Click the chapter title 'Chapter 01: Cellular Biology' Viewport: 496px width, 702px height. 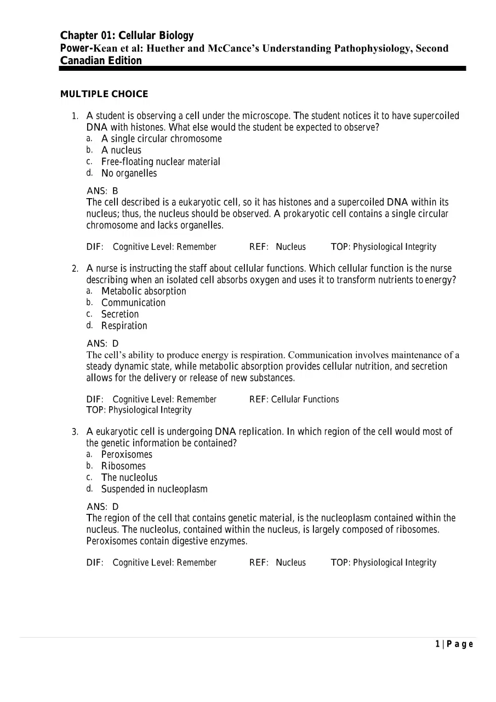click(x=127, y=36)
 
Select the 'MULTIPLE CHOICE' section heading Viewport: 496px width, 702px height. click(x=104, y=94)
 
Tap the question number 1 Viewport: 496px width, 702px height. click(x=75, y=116)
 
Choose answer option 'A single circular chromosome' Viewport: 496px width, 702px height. click(x=161, y=139)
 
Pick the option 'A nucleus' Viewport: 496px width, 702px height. click(x=121, y=150)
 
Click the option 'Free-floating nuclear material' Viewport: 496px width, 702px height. click(x=161, y=162)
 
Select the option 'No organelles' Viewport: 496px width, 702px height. click(x=129, y=173)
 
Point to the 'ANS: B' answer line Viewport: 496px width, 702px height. click(x=102, y=191)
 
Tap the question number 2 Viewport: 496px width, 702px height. click(x=75, y=269)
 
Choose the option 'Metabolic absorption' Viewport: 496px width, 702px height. click(x=144, y=291)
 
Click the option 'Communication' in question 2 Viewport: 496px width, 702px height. click(x=133, y=303)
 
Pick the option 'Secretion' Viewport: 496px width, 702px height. click(x=120, y=315)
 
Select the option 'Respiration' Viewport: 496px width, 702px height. click(x=124, y=326)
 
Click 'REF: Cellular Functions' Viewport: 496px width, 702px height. click(x=294, y=400)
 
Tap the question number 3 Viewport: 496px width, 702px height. click(x=75, y=432)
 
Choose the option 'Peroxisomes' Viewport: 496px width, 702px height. click(x=127, y=454)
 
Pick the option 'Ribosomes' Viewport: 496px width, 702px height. click(x=123, y=466)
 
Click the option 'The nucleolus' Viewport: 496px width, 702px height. click(x=129, y=478)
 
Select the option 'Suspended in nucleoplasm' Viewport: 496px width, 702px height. click(x=154, y=489)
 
